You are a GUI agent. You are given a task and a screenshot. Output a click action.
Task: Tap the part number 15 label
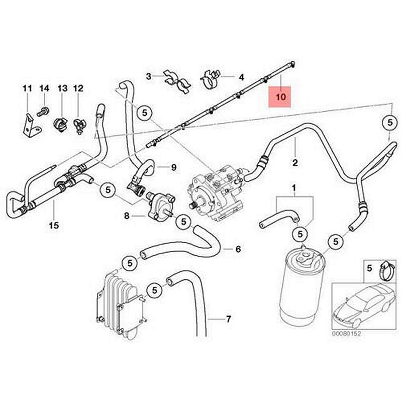click(54, 226)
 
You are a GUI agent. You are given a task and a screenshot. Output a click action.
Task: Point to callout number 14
click(44, 88)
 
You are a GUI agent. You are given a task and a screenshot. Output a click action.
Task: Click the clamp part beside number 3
click(177, 80)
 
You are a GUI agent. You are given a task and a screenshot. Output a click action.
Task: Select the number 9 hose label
click(173, 167)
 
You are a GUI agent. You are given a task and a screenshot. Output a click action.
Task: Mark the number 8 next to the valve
click(127, 216)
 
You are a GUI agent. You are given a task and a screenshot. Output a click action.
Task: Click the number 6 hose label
click(238, 249)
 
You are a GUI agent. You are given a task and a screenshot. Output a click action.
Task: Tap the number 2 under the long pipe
click(295, 162)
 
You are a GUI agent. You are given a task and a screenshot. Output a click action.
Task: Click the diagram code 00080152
click(347, 333)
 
